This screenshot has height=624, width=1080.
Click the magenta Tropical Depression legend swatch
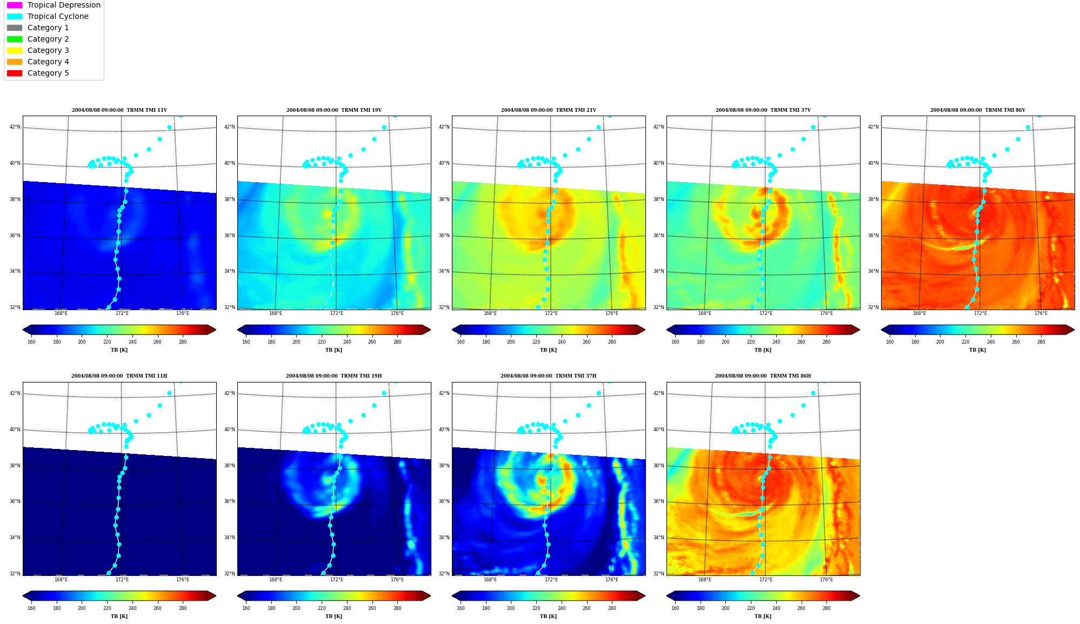click(15, 5)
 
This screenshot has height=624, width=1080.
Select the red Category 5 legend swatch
click(15, 73)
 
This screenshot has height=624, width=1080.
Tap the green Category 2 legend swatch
click(15, 39)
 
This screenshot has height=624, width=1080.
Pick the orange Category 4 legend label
click(48, 62)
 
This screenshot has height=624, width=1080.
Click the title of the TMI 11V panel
click(119, 110)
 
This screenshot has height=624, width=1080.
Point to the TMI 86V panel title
click(978, 110)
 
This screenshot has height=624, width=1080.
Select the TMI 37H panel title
click(549, 376)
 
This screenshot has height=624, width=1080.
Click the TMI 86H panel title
click(763, 376)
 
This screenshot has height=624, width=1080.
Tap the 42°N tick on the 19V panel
click(230, 128)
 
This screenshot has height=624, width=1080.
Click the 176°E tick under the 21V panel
click(612, 313)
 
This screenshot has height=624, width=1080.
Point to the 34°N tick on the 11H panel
click(15, 538)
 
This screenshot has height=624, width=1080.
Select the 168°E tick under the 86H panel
click(705, 580)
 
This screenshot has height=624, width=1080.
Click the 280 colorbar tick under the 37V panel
click(826, 342)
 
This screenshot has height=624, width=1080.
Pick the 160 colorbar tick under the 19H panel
click(246, 608)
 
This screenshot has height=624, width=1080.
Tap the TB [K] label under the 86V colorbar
click(978, 350)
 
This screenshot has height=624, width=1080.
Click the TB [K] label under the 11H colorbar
click(119, 616)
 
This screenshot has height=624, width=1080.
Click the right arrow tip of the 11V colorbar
click(216, 330)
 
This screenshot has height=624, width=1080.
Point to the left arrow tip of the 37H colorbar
click(452, 596)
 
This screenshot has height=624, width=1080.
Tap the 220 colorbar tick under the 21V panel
click(536, 342)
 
